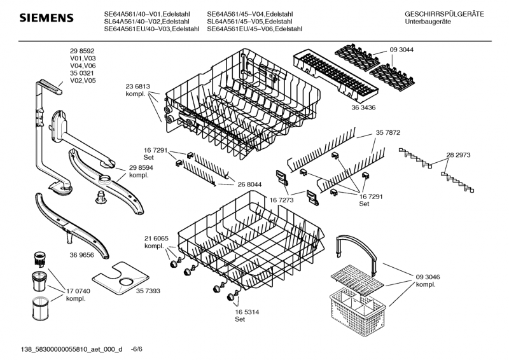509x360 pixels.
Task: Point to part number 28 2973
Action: [458, 155]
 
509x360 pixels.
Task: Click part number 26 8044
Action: [249, 184]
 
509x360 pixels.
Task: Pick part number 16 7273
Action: [281, 199]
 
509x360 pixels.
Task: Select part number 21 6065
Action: [157, 238]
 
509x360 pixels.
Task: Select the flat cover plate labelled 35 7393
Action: [121, 275]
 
